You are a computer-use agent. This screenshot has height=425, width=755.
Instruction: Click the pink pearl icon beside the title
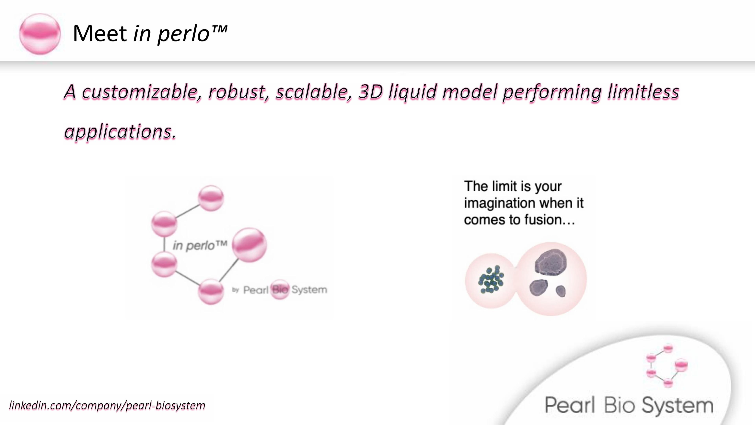[x=40, y=34]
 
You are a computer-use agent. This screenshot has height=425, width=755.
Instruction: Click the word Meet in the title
[x=100, y=33]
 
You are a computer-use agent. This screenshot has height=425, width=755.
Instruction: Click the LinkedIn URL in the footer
[x=107, y=405]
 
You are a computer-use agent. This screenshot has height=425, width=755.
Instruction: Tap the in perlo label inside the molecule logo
[x=200, y=245]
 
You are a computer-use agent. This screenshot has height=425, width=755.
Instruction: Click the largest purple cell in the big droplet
[x=551, y=262]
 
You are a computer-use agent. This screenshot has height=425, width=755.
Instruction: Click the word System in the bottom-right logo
[x=677, y=406]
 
